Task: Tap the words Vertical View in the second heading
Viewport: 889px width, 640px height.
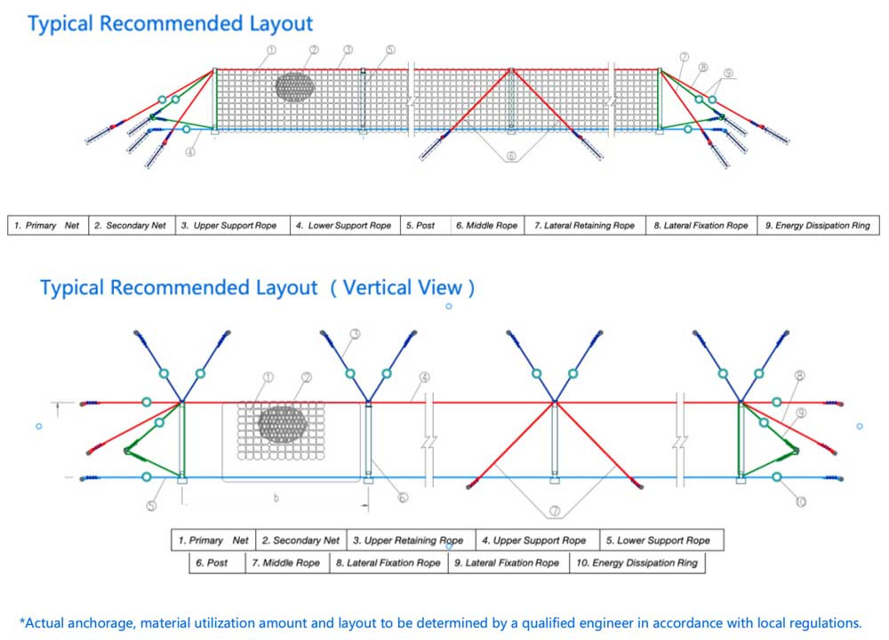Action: pos(403,287)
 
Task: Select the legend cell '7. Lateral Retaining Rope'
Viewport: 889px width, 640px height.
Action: pos(585,225)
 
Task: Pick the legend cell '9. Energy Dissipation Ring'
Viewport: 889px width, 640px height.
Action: pos(818,225)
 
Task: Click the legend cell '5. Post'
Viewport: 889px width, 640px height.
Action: pos(425,225)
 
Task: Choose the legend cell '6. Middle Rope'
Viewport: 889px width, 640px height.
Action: pos(487,225)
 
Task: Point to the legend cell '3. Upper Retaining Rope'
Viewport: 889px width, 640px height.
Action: pos(411,540)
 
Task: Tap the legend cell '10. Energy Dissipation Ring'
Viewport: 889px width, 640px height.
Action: pos(637,563)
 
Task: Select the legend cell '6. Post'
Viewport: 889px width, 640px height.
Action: pos(217,563)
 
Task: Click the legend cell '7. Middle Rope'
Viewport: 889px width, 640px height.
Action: pos(287,563)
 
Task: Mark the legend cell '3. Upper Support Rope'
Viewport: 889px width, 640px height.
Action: pos(232,225)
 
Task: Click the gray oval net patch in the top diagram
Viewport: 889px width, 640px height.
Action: pos(295,87)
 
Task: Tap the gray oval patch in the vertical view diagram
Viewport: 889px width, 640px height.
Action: pos(283,425)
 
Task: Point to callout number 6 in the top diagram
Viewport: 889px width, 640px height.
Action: pos(511,156)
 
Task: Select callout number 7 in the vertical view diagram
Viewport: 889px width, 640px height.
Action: pos(555,511)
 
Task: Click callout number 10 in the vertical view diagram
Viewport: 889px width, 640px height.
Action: pos(801,501)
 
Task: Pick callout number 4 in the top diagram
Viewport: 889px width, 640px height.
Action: pos(190,151)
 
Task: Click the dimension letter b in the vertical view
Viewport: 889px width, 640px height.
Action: pos(276,499)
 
